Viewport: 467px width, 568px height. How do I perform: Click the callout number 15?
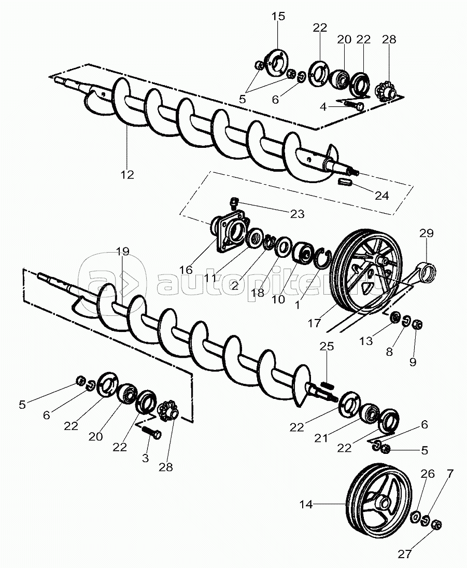click(x=278, y=16)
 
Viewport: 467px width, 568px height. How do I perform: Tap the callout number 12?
click(x=127, y=175)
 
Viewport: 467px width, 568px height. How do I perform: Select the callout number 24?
click(x=381, y=196)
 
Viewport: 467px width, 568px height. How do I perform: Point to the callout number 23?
click(x=298, y=214)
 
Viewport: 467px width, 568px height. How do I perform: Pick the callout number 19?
click(x=122, y=252)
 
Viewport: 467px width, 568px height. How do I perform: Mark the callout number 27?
click(x=405, y=554)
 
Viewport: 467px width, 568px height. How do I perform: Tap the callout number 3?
click(x=145, y=458)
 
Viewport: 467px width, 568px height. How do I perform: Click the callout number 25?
click(x=327, y=346)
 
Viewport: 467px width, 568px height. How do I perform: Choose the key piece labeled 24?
click(x=345, y=182)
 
